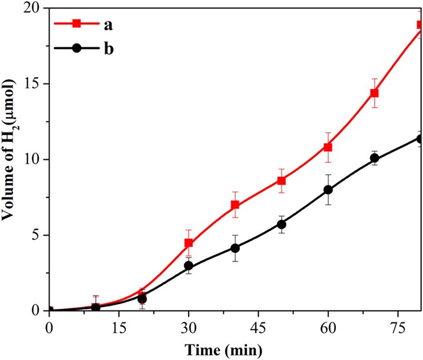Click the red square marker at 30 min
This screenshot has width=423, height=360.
189,243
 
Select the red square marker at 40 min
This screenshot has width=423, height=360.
235,205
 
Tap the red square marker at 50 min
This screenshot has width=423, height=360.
281,181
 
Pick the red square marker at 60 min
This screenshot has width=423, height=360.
328,147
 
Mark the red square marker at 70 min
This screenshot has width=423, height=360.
374,93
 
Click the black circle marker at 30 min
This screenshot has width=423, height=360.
189,266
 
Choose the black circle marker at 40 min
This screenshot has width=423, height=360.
235,248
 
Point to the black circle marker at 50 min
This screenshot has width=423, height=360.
281,224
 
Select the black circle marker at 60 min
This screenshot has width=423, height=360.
328,189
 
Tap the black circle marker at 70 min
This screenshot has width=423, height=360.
374,158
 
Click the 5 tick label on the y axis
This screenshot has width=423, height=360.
37,235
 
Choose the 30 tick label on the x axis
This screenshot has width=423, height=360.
189,327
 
